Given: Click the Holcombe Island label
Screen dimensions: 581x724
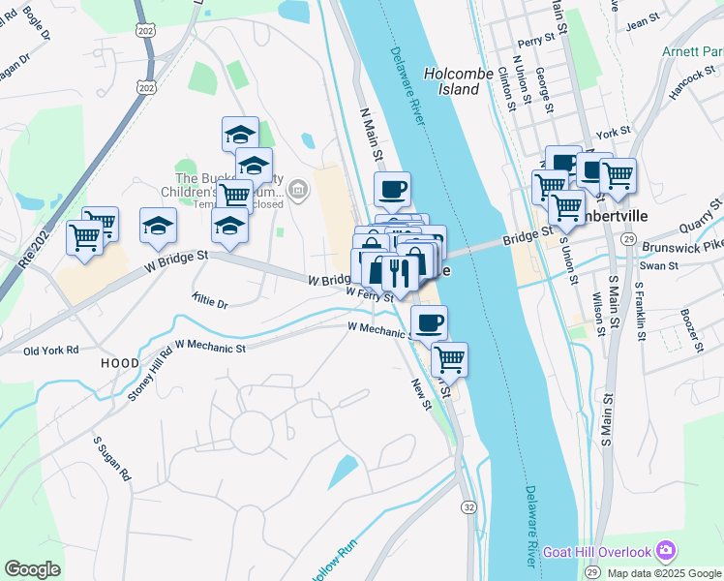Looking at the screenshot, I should tap(452, 80).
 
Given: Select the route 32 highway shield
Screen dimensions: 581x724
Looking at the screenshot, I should tap(469, 507).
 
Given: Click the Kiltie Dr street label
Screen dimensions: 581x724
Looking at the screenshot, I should tap(210, 302).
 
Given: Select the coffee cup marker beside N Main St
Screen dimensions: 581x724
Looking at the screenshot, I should tap(392, 190).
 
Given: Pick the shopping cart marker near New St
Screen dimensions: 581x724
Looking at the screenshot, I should tap(449, 359).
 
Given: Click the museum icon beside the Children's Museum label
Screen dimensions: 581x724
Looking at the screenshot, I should tap(299, 189).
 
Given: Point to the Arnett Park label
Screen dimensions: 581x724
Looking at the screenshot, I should tap(693, 51).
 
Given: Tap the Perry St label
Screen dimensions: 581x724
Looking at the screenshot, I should tap(535, 43).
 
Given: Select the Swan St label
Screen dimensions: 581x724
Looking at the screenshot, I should tap(659, 264).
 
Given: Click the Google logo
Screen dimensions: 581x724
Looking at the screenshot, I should tap(32, 569).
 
